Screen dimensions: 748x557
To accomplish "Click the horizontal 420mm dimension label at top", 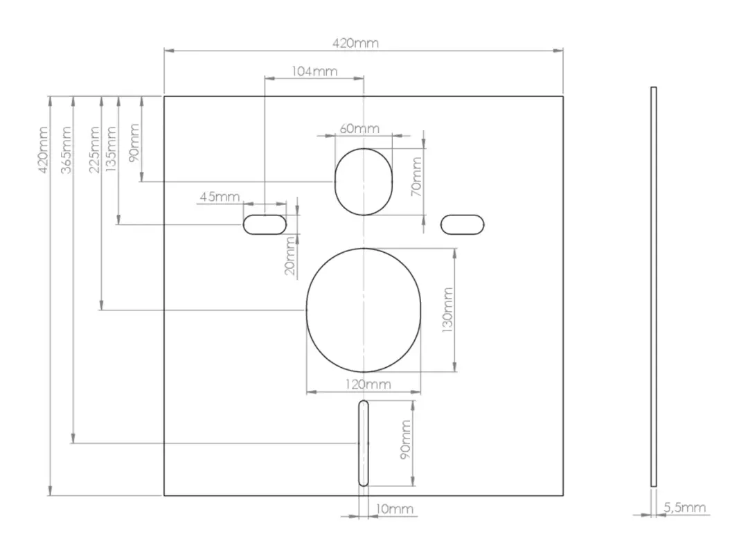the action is tap(355, 43).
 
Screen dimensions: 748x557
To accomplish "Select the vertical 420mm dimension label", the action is tap(43, 150).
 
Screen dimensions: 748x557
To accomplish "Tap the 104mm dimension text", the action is tap(314, 71).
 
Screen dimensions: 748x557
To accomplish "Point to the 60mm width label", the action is tap(359, 128).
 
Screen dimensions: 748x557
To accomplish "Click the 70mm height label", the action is tap(416, 177).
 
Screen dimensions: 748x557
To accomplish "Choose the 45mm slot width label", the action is tap(220, 196).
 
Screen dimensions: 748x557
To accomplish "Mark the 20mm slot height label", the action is tap(290, 256).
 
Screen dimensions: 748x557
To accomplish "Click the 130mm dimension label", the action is tap(447, 310).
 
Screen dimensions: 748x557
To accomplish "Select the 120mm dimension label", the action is tap(368, 384).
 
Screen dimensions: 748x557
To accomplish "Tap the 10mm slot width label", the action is tap(395, 509).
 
